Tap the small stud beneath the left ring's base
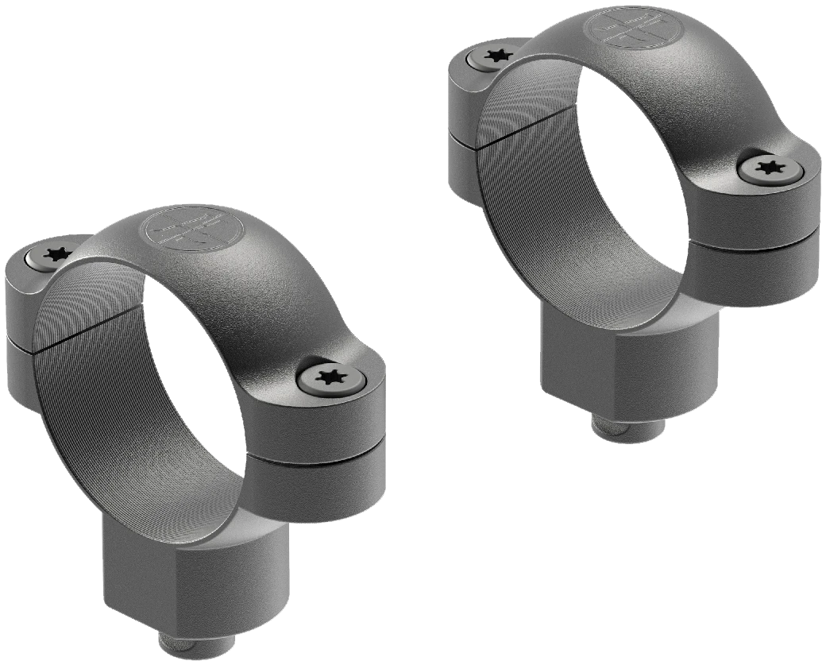tap(180, 645)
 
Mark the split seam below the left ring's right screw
tap(318, 456)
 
